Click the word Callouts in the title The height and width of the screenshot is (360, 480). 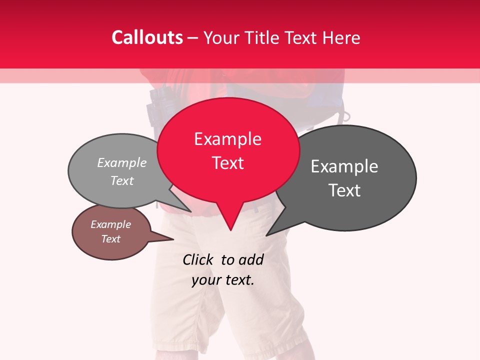tap(147, 37)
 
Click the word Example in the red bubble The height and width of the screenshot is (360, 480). tap(227, 139)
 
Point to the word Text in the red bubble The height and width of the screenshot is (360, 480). tap(227, 163)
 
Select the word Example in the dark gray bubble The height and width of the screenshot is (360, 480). tap(344, 166)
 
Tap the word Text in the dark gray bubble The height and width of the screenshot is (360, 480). tap(344, 190)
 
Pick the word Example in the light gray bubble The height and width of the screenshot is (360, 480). tap(121, 163)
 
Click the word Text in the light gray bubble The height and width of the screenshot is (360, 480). tap(121, 180)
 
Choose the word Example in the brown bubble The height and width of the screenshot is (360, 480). tap(110, 224)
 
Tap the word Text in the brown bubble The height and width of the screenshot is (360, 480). tap(110, 239)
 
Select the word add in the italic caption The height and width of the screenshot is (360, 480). tap(251, 260)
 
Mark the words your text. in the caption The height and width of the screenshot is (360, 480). tap(223, 280)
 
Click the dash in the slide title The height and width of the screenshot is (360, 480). tap(193, 38)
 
